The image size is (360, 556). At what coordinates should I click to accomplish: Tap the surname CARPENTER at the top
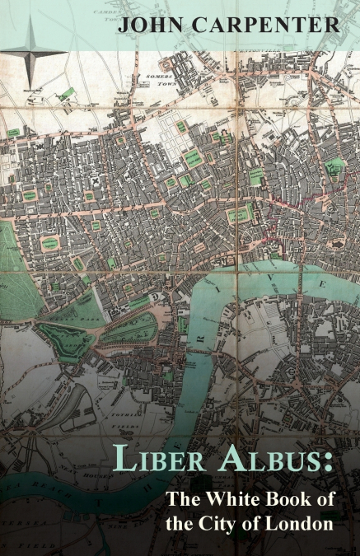[264, 25]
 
